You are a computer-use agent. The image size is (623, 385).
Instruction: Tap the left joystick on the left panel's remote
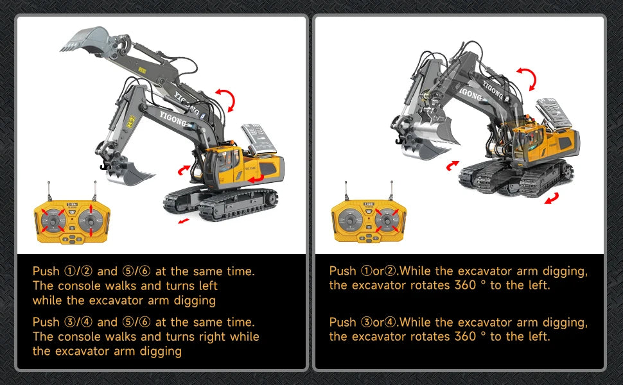53,220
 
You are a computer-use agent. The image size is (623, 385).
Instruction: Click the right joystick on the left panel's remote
91,220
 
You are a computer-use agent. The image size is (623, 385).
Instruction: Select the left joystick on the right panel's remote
349,219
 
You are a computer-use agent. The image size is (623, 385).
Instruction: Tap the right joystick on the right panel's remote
387,219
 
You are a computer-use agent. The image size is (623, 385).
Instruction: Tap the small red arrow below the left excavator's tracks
184,221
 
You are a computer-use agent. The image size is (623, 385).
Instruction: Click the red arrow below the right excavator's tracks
552,198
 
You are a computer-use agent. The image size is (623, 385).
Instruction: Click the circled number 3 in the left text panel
69,322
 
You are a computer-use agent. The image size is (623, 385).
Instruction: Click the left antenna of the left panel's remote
49,191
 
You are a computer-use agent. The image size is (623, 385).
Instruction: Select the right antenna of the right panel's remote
392,191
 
